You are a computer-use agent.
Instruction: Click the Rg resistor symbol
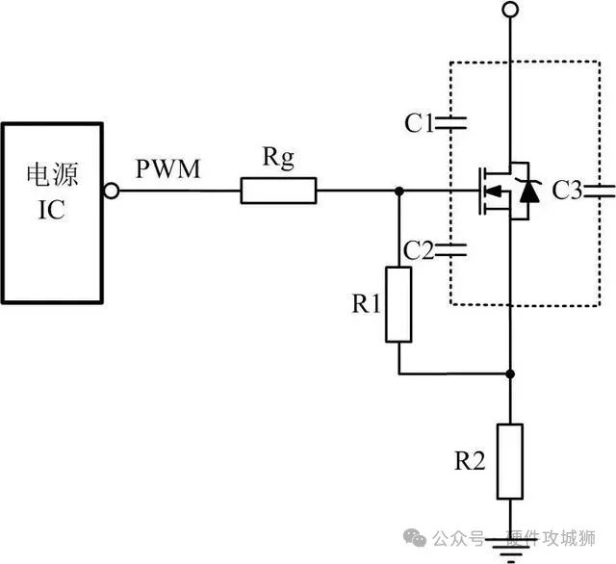click(x=278, y=192)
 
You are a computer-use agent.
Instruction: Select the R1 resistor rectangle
click(x=398, y=304)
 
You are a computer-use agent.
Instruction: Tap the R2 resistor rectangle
click(x=510, y=460)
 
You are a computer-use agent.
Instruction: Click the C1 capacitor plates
click(x=451, y=122)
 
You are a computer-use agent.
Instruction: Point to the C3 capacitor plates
click(x=600, y=192)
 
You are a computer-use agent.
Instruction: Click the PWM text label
click(x=167, y=170)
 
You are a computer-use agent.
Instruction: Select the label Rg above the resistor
click(x=276, y=160)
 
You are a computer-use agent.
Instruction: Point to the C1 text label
click(x=419, y=122)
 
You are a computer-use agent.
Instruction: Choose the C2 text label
click(x=419, y=250)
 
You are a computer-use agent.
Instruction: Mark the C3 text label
click(x=568, y=192)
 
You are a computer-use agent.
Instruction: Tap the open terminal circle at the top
click(x=510, y=11)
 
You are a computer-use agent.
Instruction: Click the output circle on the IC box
click(x=112, y=192)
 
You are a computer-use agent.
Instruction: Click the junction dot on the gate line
click(x=398, y=192)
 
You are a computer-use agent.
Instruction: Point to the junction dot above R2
click(x=510, y=373)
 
